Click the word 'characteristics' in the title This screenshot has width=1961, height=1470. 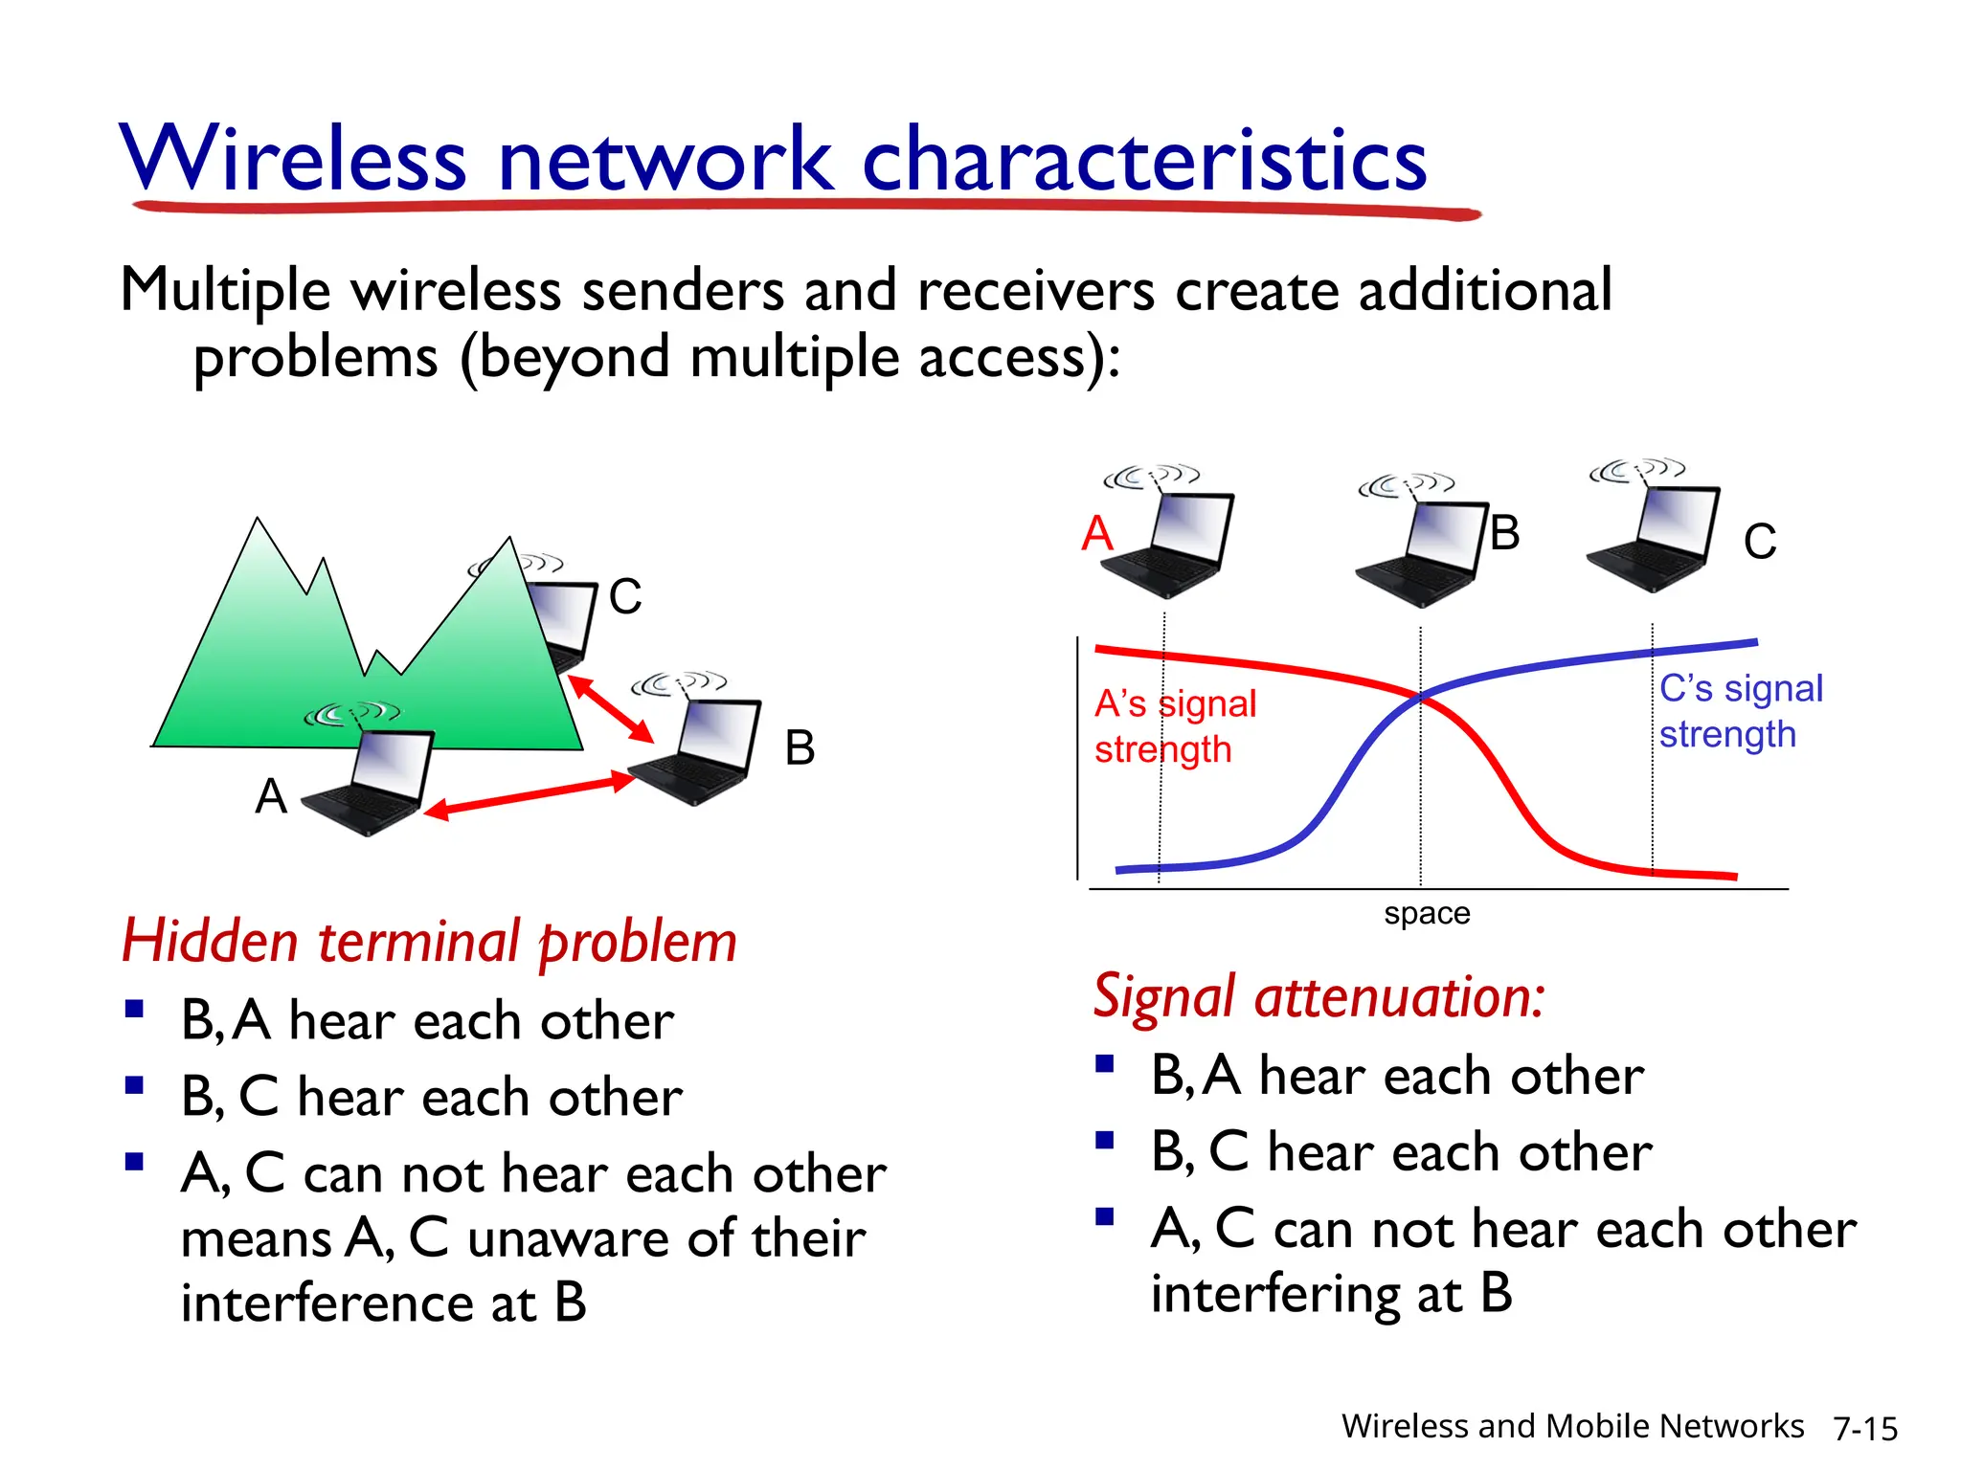(1144, 161)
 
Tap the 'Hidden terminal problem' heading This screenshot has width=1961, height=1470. (429, 942)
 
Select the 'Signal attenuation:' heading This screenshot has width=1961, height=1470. (1319, 997)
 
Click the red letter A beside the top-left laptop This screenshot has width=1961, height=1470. (1097, 533)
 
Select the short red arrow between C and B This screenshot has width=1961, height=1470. (610, 709)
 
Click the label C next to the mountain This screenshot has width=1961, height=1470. (624, 597)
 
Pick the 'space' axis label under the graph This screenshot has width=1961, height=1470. (1426, 913)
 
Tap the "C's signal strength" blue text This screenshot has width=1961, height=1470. (1740, 711)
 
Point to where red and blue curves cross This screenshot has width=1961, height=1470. (1419, 697)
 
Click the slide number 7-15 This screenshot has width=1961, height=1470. (1864, 1429)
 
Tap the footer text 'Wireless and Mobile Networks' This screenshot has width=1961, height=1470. (1571, 1426)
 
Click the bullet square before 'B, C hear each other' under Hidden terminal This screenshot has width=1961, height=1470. (134, 1085)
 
